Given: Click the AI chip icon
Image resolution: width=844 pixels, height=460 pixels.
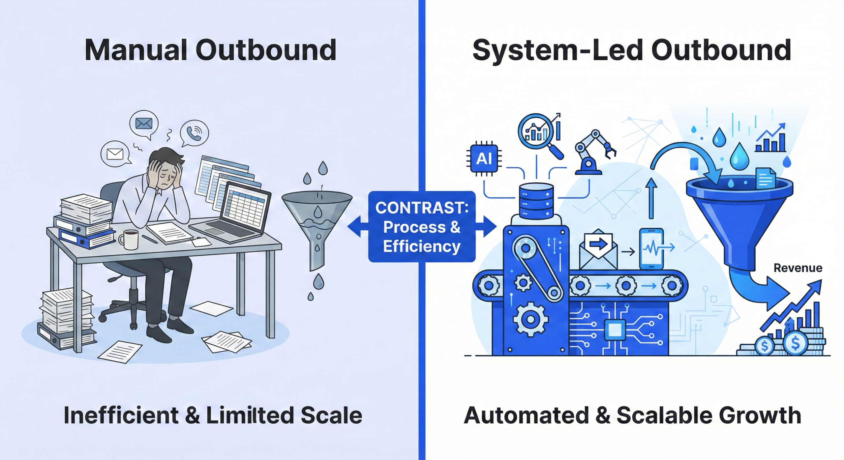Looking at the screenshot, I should coord(484,159).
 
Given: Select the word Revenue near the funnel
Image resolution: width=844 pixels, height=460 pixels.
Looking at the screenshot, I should coord(798,268).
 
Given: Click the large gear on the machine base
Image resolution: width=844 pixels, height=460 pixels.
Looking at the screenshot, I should coord(530,319).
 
